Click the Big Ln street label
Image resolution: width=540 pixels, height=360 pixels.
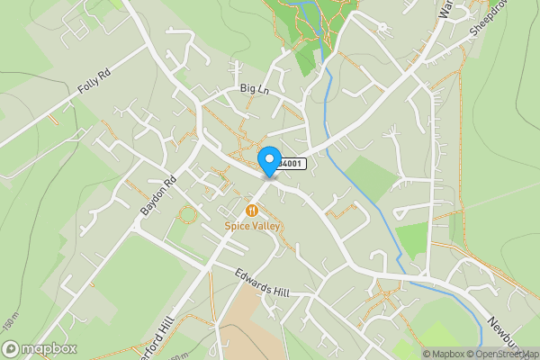[x=255, y=89]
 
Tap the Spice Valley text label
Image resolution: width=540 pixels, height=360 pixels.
[x=253, y=227]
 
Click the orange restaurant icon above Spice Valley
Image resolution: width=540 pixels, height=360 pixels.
[x=252, y=211]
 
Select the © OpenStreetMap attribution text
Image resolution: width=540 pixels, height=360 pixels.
[x=504, y=354]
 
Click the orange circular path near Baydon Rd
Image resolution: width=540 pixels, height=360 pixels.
[x=187, y=215]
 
